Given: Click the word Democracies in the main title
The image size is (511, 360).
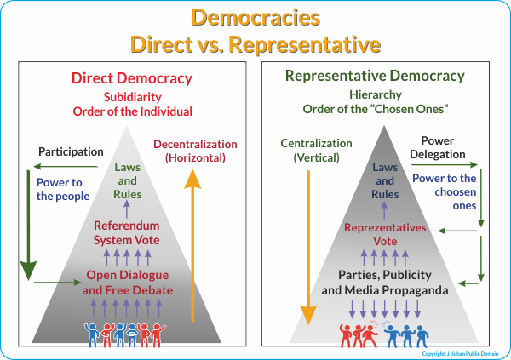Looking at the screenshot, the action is (x=255, y=17).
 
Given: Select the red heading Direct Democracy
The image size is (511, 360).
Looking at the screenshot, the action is (x=132, y=78).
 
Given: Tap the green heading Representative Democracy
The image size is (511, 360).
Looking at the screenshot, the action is (x=375, y=77).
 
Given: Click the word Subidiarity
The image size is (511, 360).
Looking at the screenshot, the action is (x=133, y=97).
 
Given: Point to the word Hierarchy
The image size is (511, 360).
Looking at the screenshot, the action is (x=376, y=94).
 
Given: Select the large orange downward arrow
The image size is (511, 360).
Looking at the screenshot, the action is (x=308, y=248).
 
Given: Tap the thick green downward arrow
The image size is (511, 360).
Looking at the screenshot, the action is (x=28, y=226).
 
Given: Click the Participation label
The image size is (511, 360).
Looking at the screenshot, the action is (x=71, y=151).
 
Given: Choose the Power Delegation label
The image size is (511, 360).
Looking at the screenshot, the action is (x=438, y=147).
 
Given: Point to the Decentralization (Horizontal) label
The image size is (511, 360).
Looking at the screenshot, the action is (x=195, y=151).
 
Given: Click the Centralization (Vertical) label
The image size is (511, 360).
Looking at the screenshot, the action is (x=316, y=151).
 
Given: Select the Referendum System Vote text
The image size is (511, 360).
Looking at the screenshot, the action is (x=127, y=232).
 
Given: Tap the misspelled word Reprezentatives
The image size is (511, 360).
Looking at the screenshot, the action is (x=385, y=228).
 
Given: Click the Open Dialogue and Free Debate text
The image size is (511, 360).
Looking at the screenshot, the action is (x=128, y=283).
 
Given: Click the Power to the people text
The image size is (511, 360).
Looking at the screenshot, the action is (x=63, y=189).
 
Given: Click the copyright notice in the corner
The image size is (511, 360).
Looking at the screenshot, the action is (x=460, y=354).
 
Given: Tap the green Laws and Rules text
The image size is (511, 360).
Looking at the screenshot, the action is (x=127, y=180).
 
